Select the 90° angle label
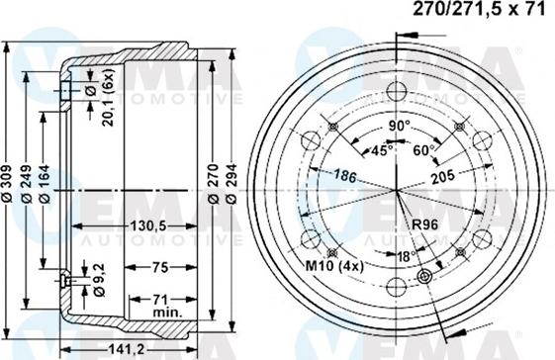(x=398, y=128)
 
